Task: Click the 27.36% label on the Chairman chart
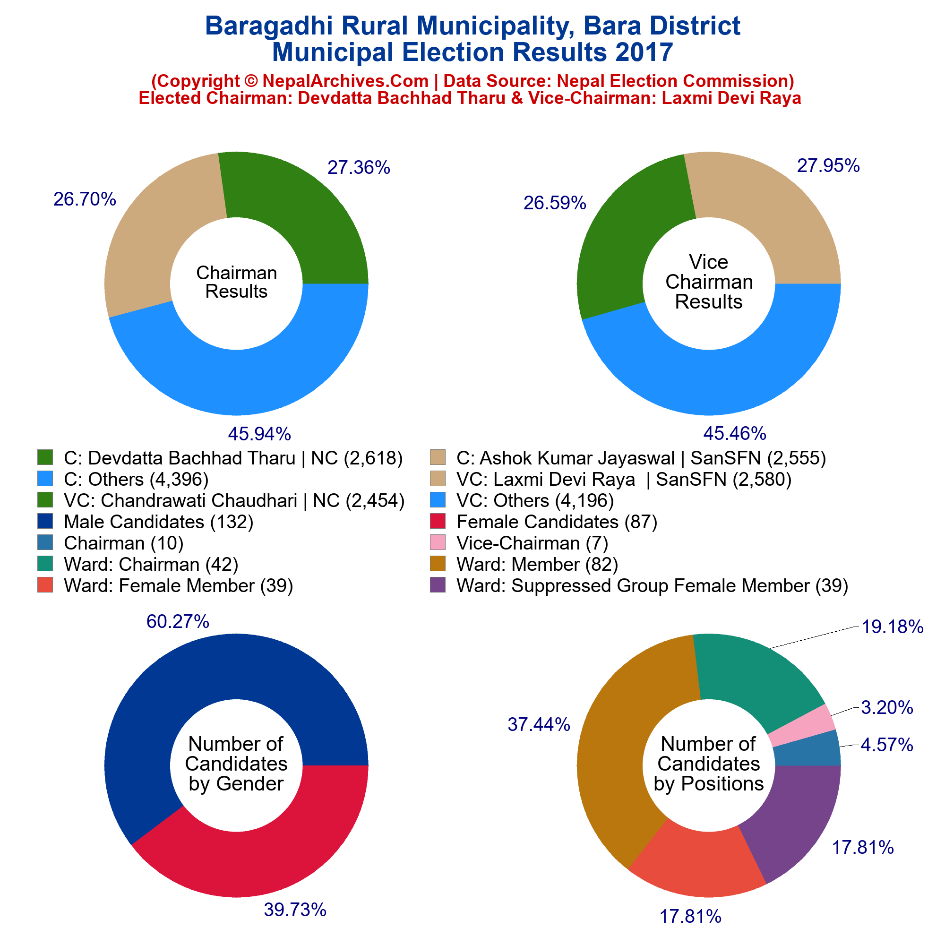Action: (359, 168)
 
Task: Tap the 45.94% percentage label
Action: (259, 433)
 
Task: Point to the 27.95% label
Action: (828, 166)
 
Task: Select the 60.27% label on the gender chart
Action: (178, 621)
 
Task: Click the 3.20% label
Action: (887, 708)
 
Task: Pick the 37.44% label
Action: (539, 724)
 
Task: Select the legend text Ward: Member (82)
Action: (537, 565)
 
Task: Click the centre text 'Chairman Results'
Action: (236, 282)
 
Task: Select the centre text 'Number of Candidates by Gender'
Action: (236, 764)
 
